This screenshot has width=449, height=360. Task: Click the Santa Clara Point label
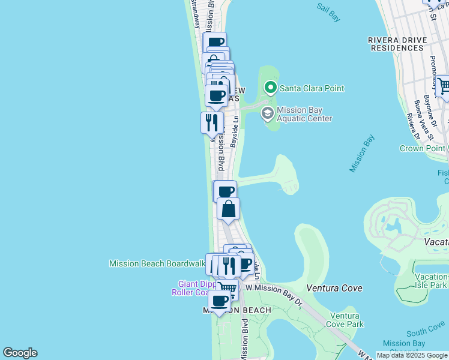(x=311, y=88)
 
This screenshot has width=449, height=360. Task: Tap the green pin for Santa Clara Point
(x=271, y=88)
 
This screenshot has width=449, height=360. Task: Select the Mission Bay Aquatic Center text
(x=304, y=114)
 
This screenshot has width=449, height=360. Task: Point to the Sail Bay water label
(x=328, y=13)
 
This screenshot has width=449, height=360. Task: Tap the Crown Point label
(x=423, y=148)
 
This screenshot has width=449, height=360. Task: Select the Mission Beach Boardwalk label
(x=157, y=263)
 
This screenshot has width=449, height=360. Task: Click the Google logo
(x=20, y=353)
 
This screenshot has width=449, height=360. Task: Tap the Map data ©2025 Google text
(x=412, y=355)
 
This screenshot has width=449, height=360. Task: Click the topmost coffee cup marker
(x=215, y=43)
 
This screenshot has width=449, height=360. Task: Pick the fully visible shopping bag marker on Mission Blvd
(x=229, y=209)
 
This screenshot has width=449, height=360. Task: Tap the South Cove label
(x=425, y=331)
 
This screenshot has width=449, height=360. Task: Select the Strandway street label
(x=195, y=14)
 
